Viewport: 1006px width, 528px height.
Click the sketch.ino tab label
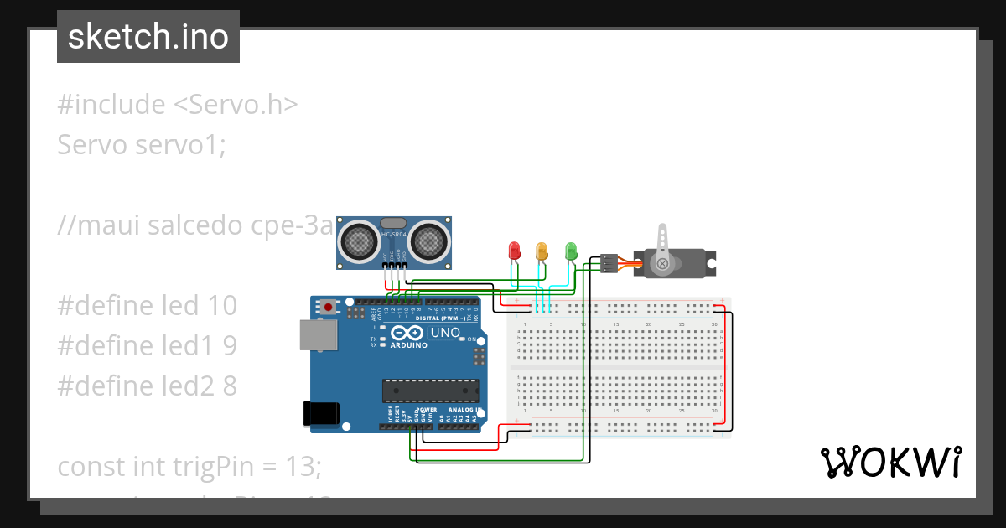click(x=148, y=37)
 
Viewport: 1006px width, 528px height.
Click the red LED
click(x=515, y=250)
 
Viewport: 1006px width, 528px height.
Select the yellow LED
click(x=542, y=250)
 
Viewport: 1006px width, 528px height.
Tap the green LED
click(x=571, y=250)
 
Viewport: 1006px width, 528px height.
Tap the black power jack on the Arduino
click(x=320, y=413)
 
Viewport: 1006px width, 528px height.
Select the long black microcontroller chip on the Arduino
click(x=431, y=391)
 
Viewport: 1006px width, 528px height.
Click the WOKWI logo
click(x=891, y=462)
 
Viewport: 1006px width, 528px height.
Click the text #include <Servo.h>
click(x=178, y=105)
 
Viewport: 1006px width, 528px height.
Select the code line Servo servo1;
click(x=142, y=145)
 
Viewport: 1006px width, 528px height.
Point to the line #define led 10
click(x=148, y=305)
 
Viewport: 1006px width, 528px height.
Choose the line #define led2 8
click(x=148, y=386)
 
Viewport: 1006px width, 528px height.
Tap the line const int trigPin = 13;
click(x=189, y=466)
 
